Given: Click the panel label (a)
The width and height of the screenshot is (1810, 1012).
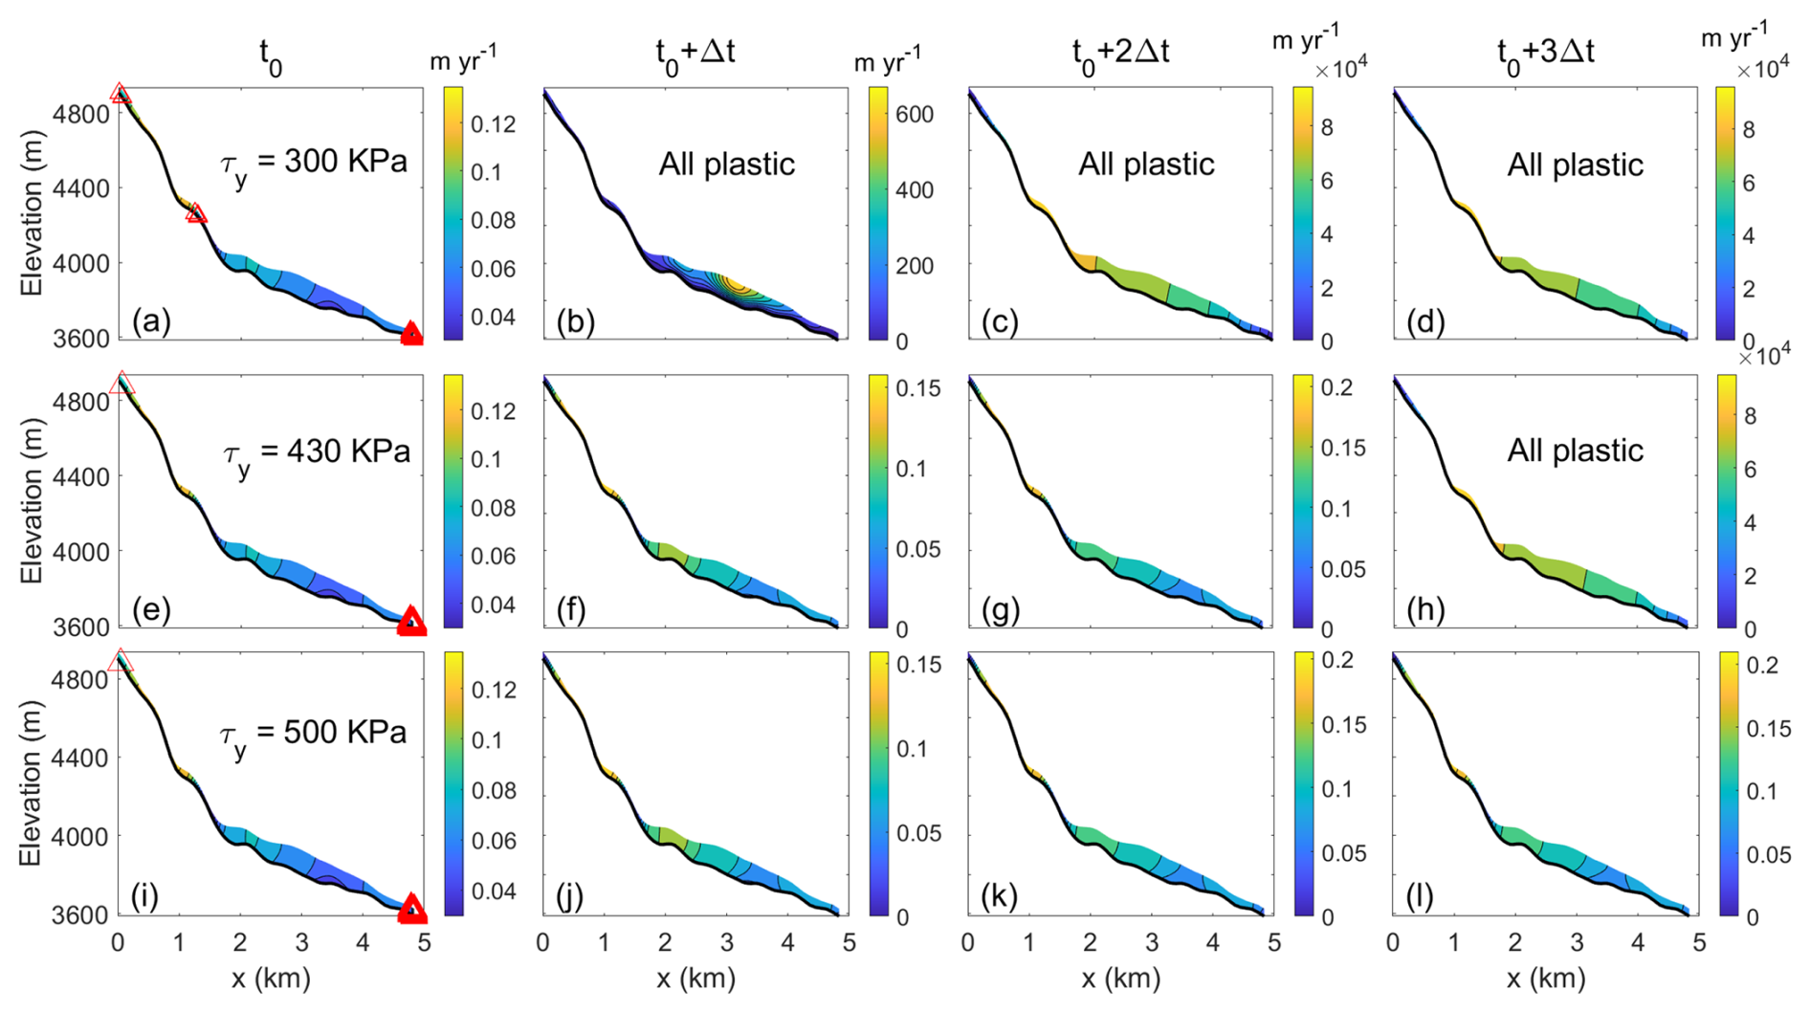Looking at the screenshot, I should click(152, 321).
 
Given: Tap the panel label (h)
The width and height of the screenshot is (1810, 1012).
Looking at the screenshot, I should click(1425, 609).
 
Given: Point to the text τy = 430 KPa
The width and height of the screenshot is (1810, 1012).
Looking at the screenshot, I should click(316, 451).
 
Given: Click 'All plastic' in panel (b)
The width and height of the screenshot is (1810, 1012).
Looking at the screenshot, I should click(726, 164).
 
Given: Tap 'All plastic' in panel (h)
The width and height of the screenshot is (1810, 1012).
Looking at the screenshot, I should click(1575, 450).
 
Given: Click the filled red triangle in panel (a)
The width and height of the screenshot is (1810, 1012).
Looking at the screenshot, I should click(411, 333).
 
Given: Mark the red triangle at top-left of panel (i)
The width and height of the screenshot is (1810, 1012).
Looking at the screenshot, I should click(120, 660).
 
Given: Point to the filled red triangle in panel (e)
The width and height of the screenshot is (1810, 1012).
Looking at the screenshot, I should click(411, 620).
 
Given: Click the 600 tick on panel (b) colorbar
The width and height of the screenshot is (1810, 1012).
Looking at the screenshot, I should click(915, 114).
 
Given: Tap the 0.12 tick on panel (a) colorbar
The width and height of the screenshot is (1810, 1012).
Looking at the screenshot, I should click(493, 123).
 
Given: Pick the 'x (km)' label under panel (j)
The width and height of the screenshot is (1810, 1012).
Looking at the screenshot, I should click(695, 979).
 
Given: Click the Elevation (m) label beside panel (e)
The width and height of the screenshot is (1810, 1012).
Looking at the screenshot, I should click(32, 501).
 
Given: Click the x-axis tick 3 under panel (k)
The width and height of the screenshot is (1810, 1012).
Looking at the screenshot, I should click(1152, 942).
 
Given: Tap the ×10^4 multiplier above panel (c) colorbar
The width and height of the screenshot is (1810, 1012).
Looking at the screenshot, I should click(1340, 69).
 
